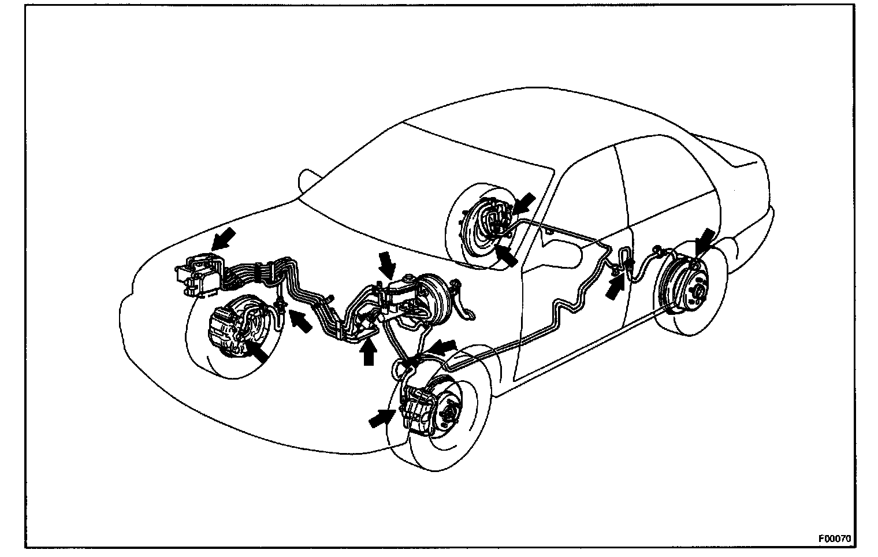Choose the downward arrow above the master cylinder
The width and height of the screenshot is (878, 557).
pos(386,266)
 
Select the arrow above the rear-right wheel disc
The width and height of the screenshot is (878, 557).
pos(705,240)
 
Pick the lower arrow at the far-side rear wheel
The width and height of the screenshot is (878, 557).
pos(505,254)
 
